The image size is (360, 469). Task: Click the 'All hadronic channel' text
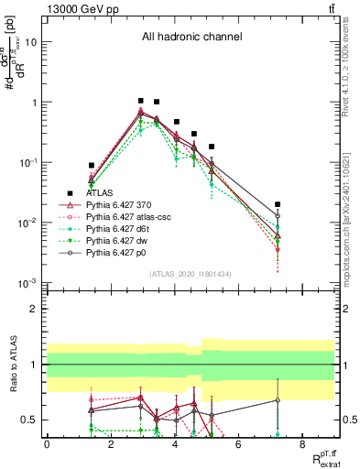coord(191,38)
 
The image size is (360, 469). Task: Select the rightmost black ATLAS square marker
coord(278,204)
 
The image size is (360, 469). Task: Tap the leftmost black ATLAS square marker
coord(91,166)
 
